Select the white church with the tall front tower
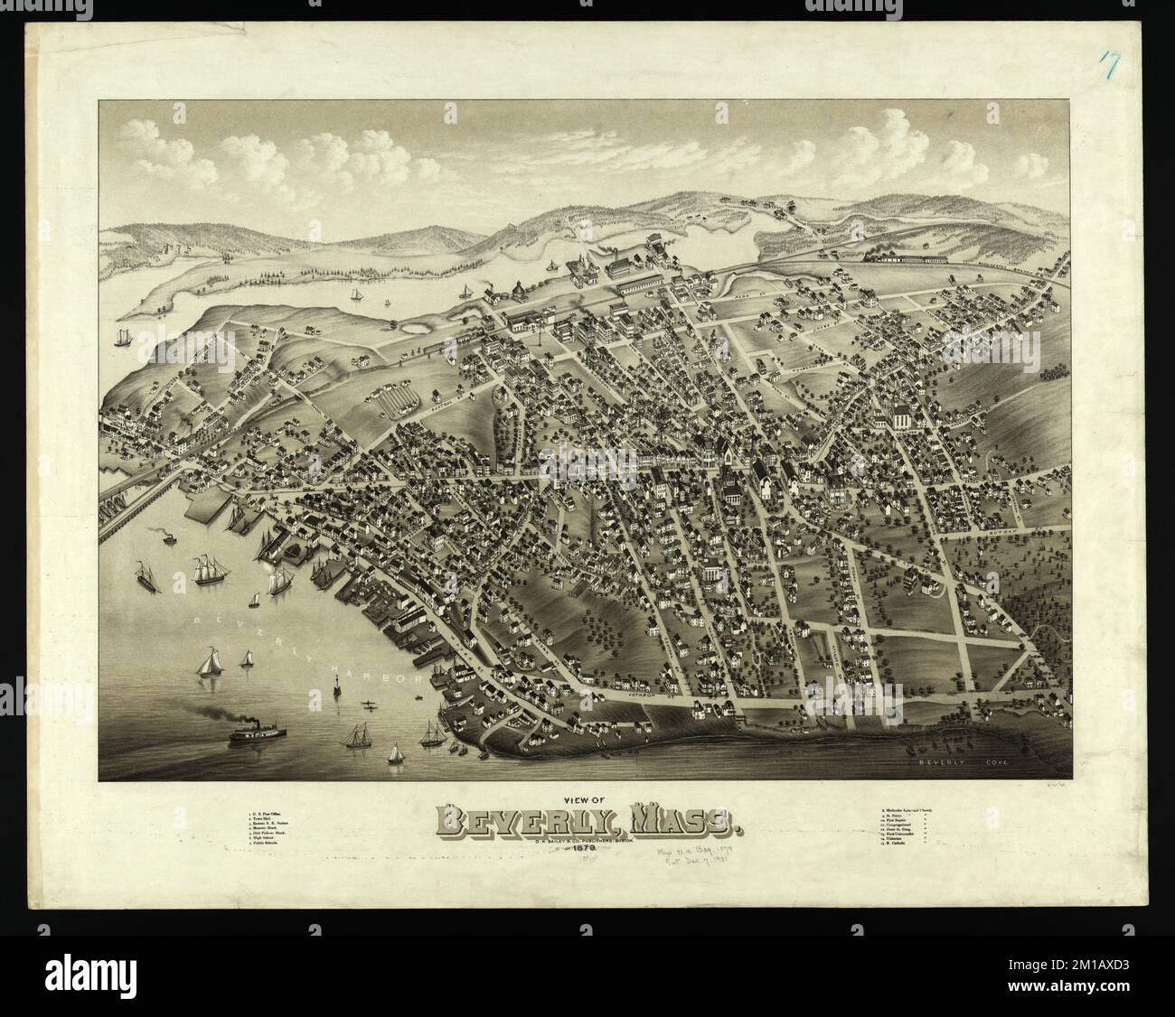pos(901,418)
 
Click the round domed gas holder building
pos(518,290)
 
